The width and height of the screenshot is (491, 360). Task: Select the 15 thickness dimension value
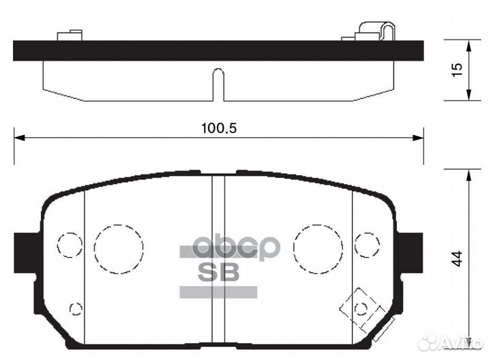[x=458, y=69]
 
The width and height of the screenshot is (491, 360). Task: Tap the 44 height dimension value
[x=458, y=258]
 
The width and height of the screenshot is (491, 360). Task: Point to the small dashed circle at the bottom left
[x=76, y=308]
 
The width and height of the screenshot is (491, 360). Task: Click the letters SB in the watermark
[x=218, y=272]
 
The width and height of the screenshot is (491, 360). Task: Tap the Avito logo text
[x=460, y=343]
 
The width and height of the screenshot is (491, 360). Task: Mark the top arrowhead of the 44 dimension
[x=468, y=175]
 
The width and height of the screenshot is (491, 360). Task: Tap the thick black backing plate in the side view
[x=218, y=50]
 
